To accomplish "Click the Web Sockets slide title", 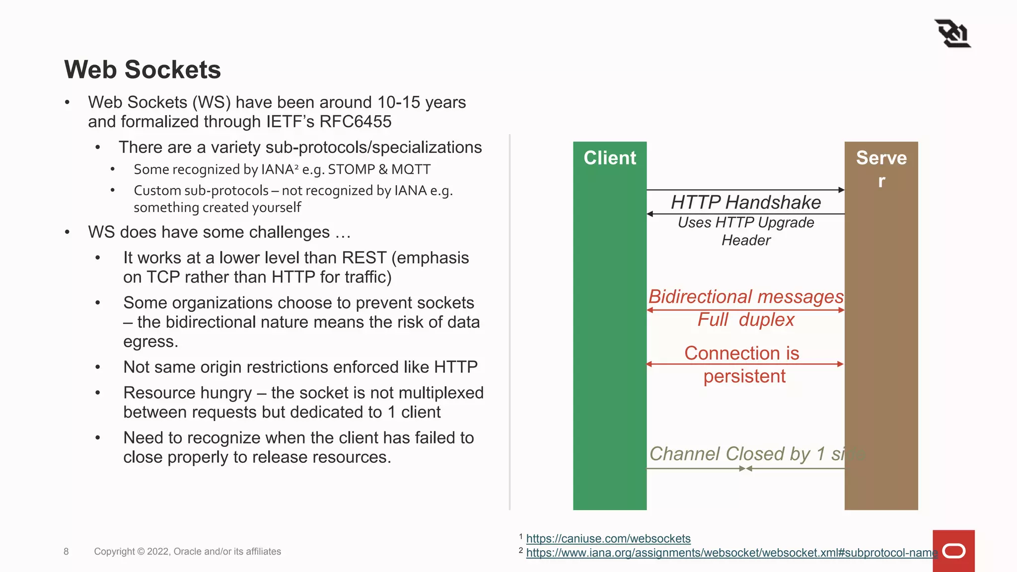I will point(143,70).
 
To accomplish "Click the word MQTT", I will point(411,169).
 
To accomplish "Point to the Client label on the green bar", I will point(610,158).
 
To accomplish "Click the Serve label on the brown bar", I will point(881,158).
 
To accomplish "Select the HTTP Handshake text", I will point(745,203).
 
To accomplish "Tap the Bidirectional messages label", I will point(745,296).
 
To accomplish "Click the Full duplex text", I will point(745,320).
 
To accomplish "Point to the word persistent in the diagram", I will point(744,376).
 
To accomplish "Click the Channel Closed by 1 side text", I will point(755,454).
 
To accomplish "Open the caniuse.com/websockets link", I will point(608,539).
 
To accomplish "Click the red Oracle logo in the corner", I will point(953,551).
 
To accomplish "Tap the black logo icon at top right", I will point(952,34).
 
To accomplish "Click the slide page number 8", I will point(66,552).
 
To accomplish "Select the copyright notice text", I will point(187,552).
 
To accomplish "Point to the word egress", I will point(150,342).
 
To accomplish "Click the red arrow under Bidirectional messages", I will point(745,310).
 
